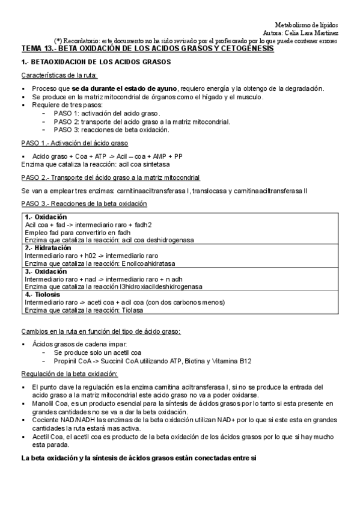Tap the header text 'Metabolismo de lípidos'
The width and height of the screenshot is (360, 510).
306,24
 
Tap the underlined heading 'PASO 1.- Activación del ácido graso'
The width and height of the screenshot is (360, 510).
75,143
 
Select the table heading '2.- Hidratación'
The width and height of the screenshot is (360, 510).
48,248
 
